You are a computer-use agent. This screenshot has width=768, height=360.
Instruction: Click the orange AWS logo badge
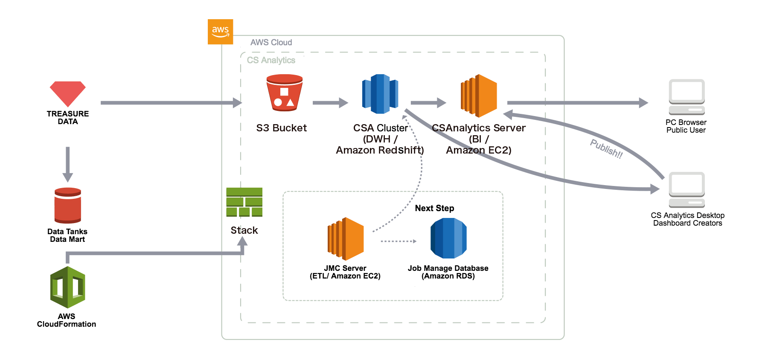pyautogui.click(x=220, y=32)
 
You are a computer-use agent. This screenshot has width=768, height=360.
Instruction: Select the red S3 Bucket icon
pyautogui.click(x=284, y=93)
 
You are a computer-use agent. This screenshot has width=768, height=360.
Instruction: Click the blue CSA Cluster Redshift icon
pyautogui.click(x=380, y=94)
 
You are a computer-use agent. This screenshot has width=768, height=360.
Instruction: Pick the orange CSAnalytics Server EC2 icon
pyautogui.click(x=479, y=96)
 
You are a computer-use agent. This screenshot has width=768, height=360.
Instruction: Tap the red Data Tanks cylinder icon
pyautogui.click(x=67, y=206)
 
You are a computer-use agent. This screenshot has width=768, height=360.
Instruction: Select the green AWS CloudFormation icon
pyautogui.click(x=67, y=287)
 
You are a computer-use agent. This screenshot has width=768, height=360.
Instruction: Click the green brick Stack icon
pyautogui.click(x=244, y=202)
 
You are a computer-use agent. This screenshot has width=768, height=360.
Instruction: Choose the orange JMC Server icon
pyautogui.click(x=345, y=239)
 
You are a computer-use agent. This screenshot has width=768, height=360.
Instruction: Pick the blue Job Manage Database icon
pyautogui.click(x=448, y=238)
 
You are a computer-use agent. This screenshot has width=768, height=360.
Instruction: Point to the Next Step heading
pyautogui.click(x=434, y=208)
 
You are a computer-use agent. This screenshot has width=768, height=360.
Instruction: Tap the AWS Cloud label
pyautogui.click(x=271, y=42)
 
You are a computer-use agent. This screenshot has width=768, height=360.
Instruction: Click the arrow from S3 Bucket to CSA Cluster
pyautogui.click(x=330, y=103)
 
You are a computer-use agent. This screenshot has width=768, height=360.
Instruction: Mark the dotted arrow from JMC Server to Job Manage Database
pyautogui.click(x=398, y=241)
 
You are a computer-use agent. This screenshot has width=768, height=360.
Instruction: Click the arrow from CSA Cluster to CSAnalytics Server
pyautogui.click(x=428, y=103)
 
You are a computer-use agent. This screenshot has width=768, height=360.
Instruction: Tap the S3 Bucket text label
pyautogui.click(x=281, y=128)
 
